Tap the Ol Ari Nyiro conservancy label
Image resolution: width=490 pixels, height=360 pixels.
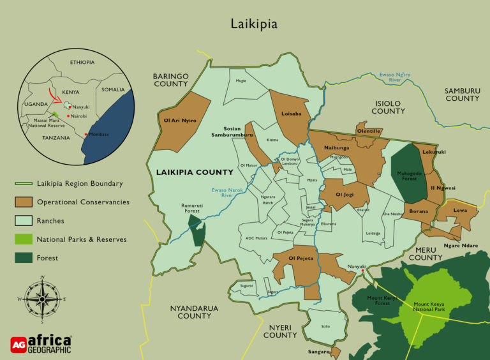coord(180,120)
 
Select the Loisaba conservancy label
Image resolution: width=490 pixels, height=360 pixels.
coord(291,114)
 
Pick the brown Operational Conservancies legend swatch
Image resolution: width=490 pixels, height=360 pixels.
coord(23,202)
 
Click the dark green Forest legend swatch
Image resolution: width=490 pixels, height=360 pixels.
coord(23,258)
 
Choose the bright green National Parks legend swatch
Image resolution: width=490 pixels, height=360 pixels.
coord(23,239)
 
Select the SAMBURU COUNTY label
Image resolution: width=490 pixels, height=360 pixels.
coord(462,94)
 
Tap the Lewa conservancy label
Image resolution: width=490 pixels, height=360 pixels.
coord(460,210)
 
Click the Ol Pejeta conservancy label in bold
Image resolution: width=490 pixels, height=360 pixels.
coord(301,258)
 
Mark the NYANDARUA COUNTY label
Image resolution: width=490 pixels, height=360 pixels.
coord(194,312)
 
